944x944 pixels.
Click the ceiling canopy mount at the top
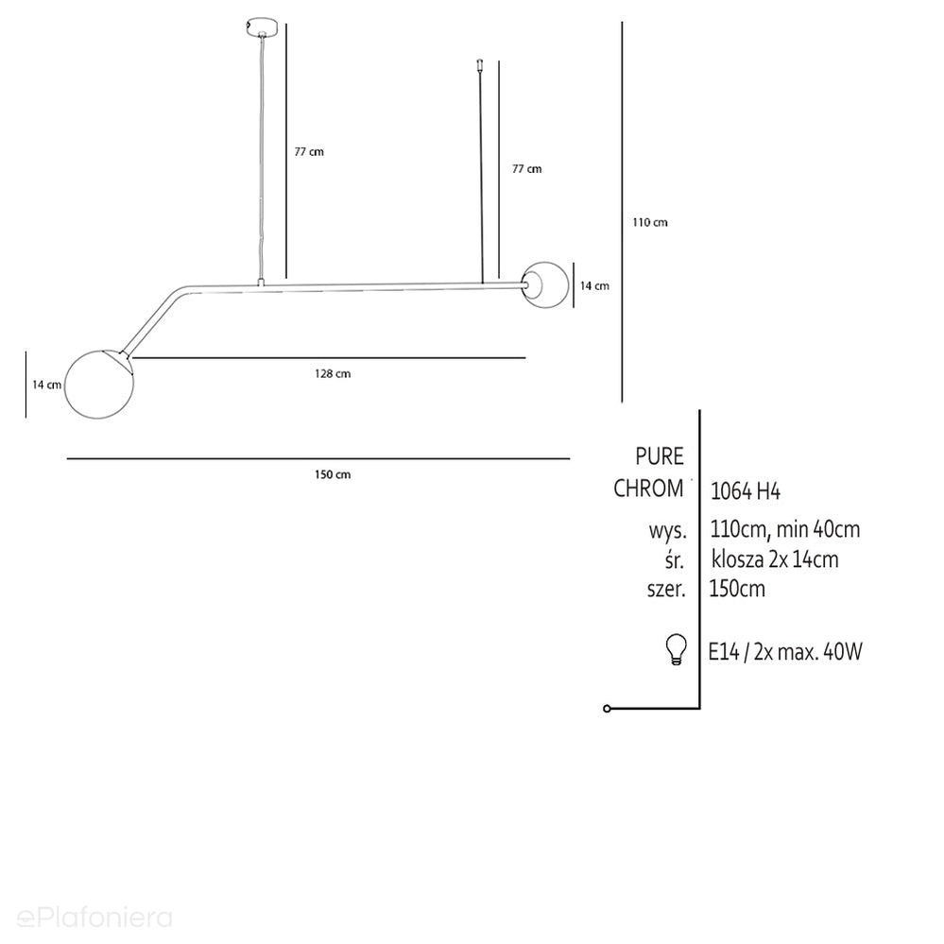[262, 27]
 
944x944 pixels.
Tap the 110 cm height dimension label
[649, 222]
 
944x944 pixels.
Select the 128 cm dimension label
[333, 374]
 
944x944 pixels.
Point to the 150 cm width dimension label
[333, 474]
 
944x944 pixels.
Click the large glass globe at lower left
[98, 384]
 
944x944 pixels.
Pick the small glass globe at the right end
[545, 284]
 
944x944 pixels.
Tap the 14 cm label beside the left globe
[46, 385]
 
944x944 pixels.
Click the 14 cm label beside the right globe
[594, 286]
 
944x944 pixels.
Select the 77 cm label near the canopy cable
[309, 152]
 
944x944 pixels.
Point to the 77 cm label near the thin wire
[526, 169]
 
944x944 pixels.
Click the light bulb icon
[676, 649]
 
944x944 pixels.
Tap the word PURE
[660, 456]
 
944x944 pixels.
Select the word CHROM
[648, 489]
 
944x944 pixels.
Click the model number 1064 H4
[746, 491]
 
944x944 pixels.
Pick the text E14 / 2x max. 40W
[785, 651]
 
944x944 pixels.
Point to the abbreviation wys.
[667, 531]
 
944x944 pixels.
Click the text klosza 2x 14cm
[775, 559]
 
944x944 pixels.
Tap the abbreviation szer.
[666, 589]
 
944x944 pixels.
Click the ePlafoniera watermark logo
[94, 918]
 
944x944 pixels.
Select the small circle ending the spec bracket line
[607, 709]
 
